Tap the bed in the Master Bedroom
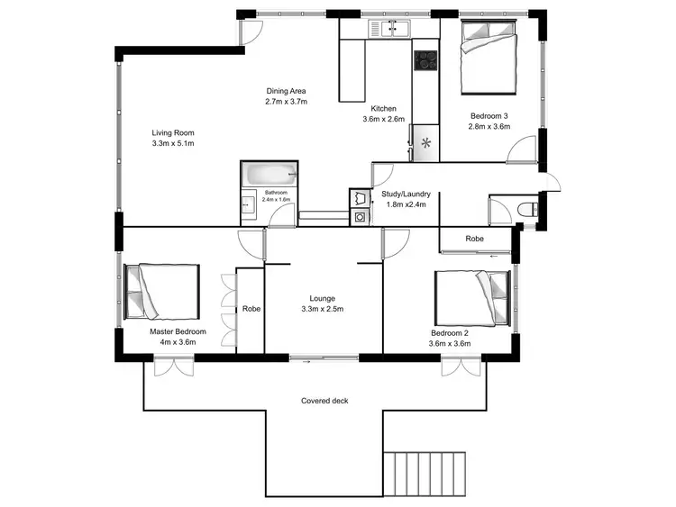click(161, 291)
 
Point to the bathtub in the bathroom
click(268, 173)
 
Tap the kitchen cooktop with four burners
click(425, 61)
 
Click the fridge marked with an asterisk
click(425, 142)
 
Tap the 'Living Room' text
click(173, 132)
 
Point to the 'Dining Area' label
click(287, 91)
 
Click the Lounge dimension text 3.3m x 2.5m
click(322, 309)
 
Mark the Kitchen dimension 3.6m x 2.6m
click(384, 119)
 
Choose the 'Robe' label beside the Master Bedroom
click(251, 309)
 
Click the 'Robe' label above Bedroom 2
click(474, 239)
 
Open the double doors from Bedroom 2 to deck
click(457, 365)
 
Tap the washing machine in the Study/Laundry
click(361, 216)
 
